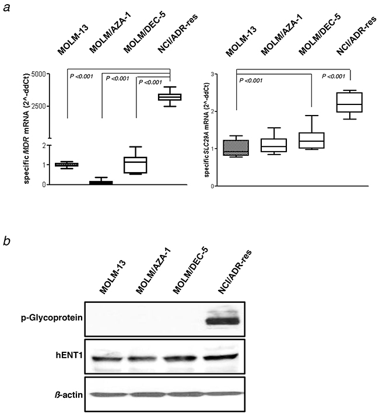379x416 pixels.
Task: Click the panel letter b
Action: [7, 240]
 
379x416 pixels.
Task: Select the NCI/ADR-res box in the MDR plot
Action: [169, 97]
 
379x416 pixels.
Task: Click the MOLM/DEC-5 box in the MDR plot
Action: [136, 165]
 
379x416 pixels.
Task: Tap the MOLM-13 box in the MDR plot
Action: [68, 165]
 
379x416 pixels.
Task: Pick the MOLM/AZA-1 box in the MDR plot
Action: [101, 183]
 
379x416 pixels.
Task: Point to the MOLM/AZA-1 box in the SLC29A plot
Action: [274, 145]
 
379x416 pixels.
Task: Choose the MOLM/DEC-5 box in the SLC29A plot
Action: [312, 140]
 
